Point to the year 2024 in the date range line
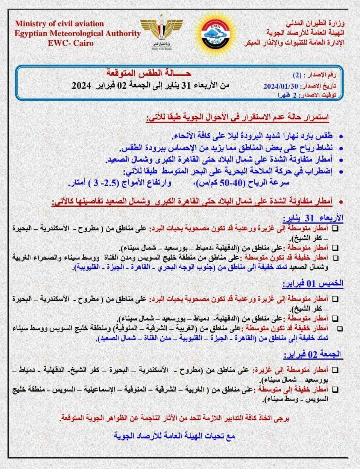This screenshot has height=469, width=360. point(82,86)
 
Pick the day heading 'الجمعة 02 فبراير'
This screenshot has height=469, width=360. point(313,354)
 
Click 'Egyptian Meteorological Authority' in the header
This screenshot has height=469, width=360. point(77,33)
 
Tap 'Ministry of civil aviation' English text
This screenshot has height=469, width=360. point(59,24)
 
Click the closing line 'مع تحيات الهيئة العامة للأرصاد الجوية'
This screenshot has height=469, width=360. point(175,436)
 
